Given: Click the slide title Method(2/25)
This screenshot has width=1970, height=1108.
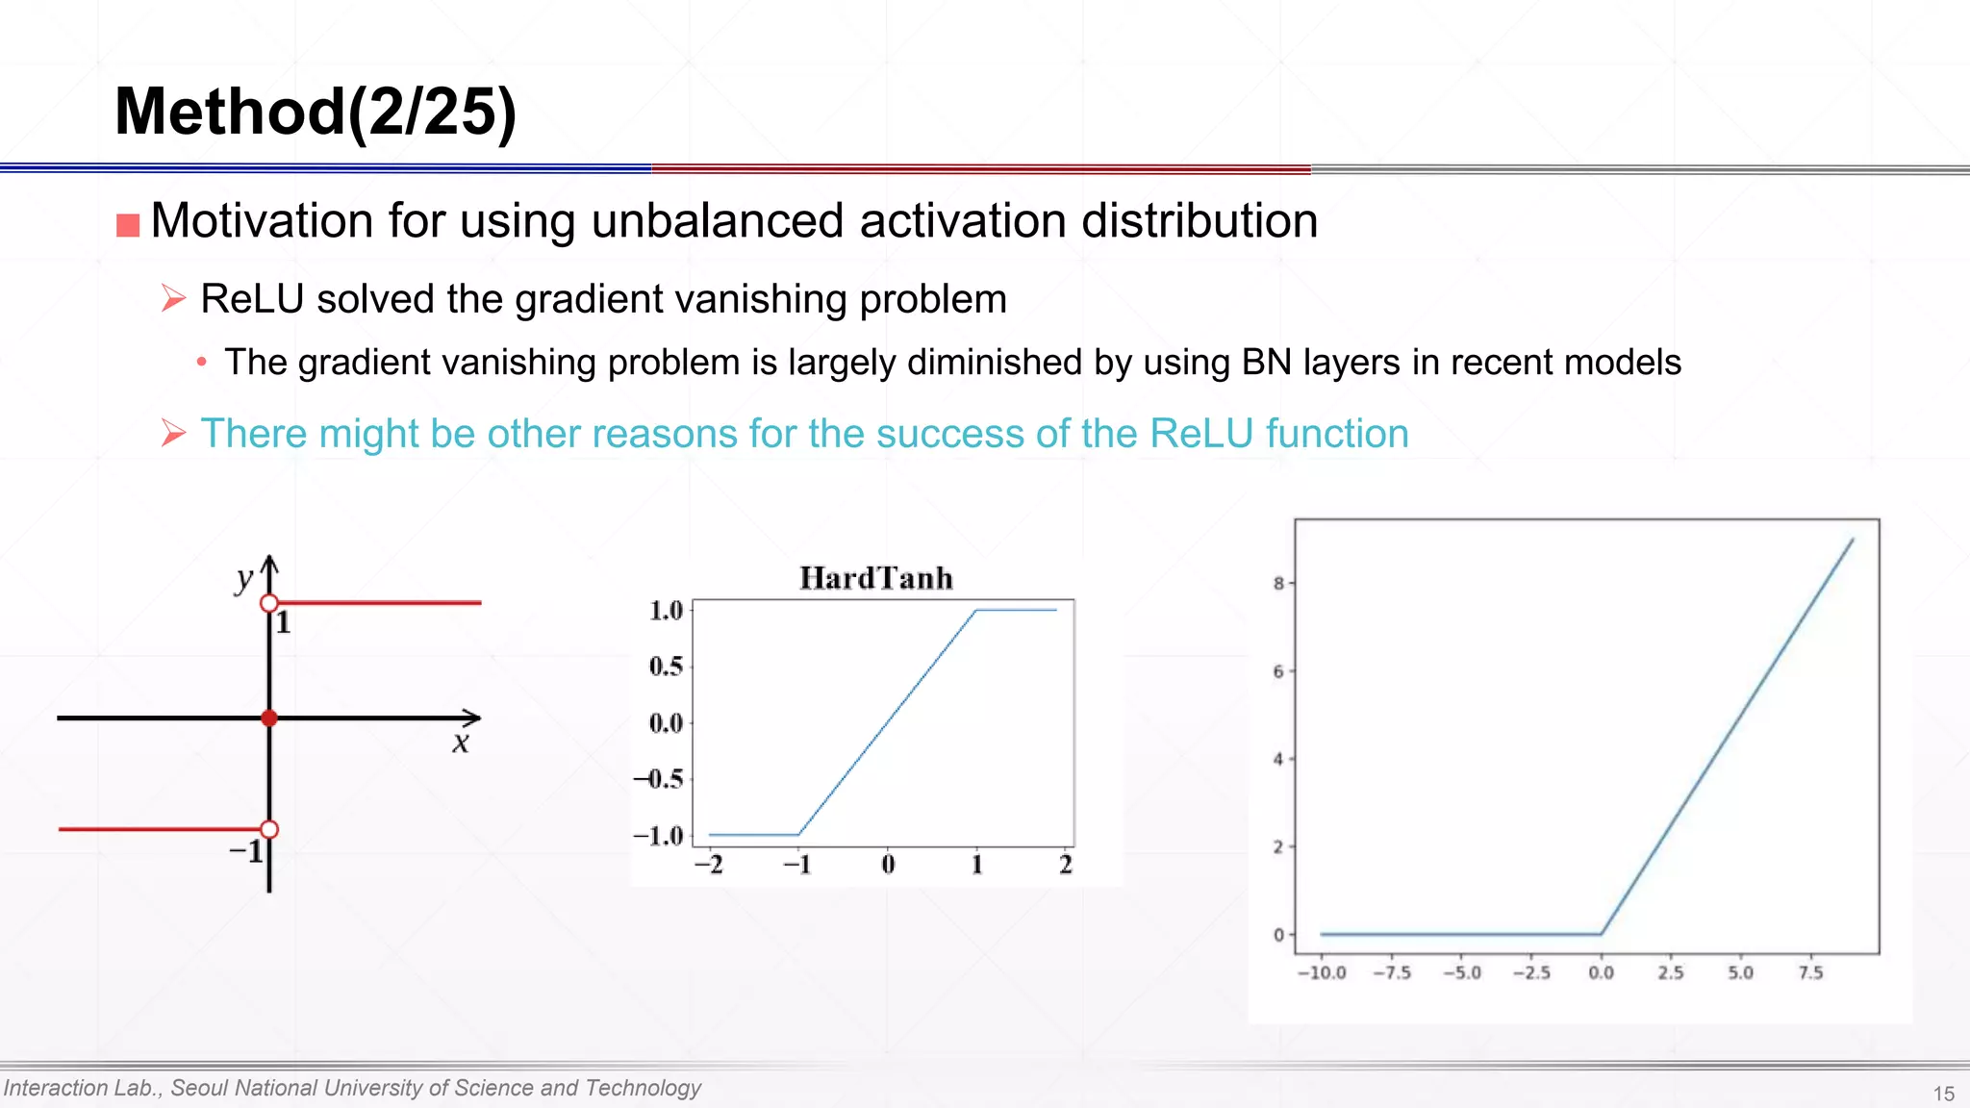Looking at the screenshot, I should coord(316,112).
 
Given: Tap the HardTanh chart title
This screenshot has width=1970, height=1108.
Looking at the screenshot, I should coord(876,578).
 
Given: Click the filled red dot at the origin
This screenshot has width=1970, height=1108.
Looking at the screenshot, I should coord(269,718).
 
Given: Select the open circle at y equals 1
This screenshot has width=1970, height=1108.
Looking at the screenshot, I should coord(269,603).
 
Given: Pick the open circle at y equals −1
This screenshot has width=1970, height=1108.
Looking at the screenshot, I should coord(269,829).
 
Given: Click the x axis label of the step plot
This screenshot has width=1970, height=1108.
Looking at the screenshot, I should coord(461,743).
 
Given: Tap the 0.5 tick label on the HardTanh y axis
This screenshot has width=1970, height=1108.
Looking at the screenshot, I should coord(666,666).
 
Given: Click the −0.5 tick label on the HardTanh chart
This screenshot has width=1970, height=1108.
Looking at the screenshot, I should coord(658,778).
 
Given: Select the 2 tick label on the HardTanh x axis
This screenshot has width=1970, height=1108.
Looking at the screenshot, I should coord(1066,865).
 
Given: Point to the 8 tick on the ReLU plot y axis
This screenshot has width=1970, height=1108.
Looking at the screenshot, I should coord(1278,583).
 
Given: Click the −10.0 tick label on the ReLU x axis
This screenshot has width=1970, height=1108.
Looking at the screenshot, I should coord(1322,972).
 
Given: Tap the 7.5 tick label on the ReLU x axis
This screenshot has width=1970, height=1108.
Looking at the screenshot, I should coord(1810,972).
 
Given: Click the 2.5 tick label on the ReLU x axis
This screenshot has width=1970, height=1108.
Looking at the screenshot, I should coord(1671,972).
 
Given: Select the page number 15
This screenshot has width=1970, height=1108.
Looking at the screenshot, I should coord(1943,1094).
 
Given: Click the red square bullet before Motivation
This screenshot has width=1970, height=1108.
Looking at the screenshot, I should coord(128,225).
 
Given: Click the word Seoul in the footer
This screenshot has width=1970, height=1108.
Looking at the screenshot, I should coord(199,1088).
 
